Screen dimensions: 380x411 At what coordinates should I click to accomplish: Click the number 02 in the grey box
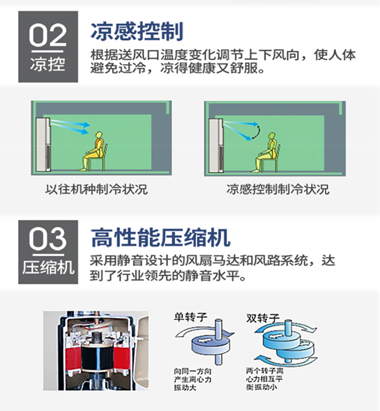click(48, 35)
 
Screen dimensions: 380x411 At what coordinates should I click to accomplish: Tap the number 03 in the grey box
click(48, 238)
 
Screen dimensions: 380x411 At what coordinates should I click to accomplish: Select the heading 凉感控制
click(137, 31)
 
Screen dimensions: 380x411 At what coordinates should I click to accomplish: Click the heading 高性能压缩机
click(161, 237)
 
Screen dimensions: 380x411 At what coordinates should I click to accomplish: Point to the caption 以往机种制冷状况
click(96, 189)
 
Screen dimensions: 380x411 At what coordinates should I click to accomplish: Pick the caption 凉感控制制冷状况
click(278, 189)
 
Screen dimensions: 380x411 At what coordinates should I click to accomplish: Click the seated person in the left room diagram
click(94, 151)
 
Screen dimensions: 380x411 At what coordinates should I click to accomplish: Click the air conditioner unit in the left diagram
click(43, 144)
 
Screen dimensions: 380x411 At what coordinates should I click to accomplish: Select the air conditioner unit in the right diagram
click(216, 145)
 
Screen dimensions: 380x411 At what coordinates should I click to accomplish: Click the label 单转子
click(191, 317)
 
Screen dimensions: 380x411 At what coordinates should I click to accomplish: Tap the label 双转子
click(262, 318)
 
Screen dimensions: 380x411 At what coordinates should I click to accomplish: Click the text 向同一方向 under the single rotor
click(193, 372)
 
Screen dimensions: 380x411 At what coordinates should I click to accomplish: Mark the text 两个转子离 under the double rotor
click(264, 371)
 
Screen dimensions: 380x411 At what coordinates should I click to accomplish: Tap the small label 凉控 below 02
click(48, 64)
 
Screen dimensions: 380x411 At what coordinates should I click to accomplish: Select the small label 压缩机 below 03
click(48, 268)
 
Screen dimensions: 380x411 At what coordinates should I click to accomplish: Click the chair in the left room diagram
click(101, 157)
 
